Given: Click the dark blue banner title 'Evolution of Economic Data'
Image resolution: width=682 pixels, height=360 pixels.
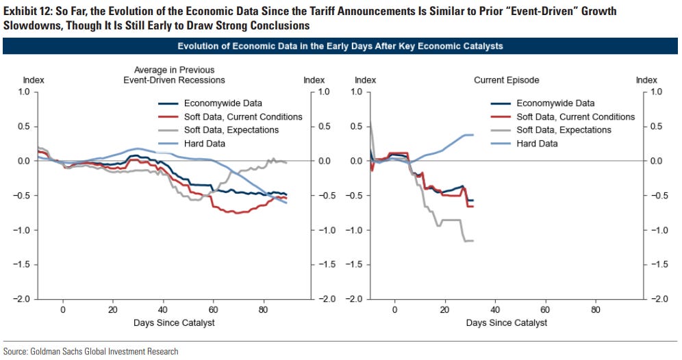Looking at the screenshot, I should (340, 47).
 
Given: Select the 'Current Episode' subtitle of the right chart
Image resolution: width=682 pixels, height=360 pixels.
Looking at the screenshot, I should (506, 80).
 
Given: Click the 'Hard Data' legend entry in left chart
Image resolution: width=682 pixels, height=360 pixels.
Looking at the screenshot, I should (204, 144).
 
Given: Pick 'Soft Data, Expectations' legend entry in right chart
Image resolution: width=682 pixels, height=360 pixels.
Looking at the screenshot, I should (564, 130).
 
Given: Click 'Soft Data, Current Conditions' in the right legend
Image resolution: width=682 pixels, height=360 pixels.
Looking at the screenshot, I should (575, 117).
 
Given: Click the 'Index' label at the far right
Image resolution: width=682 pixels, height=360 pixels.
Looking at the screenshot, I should (646, 80).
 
